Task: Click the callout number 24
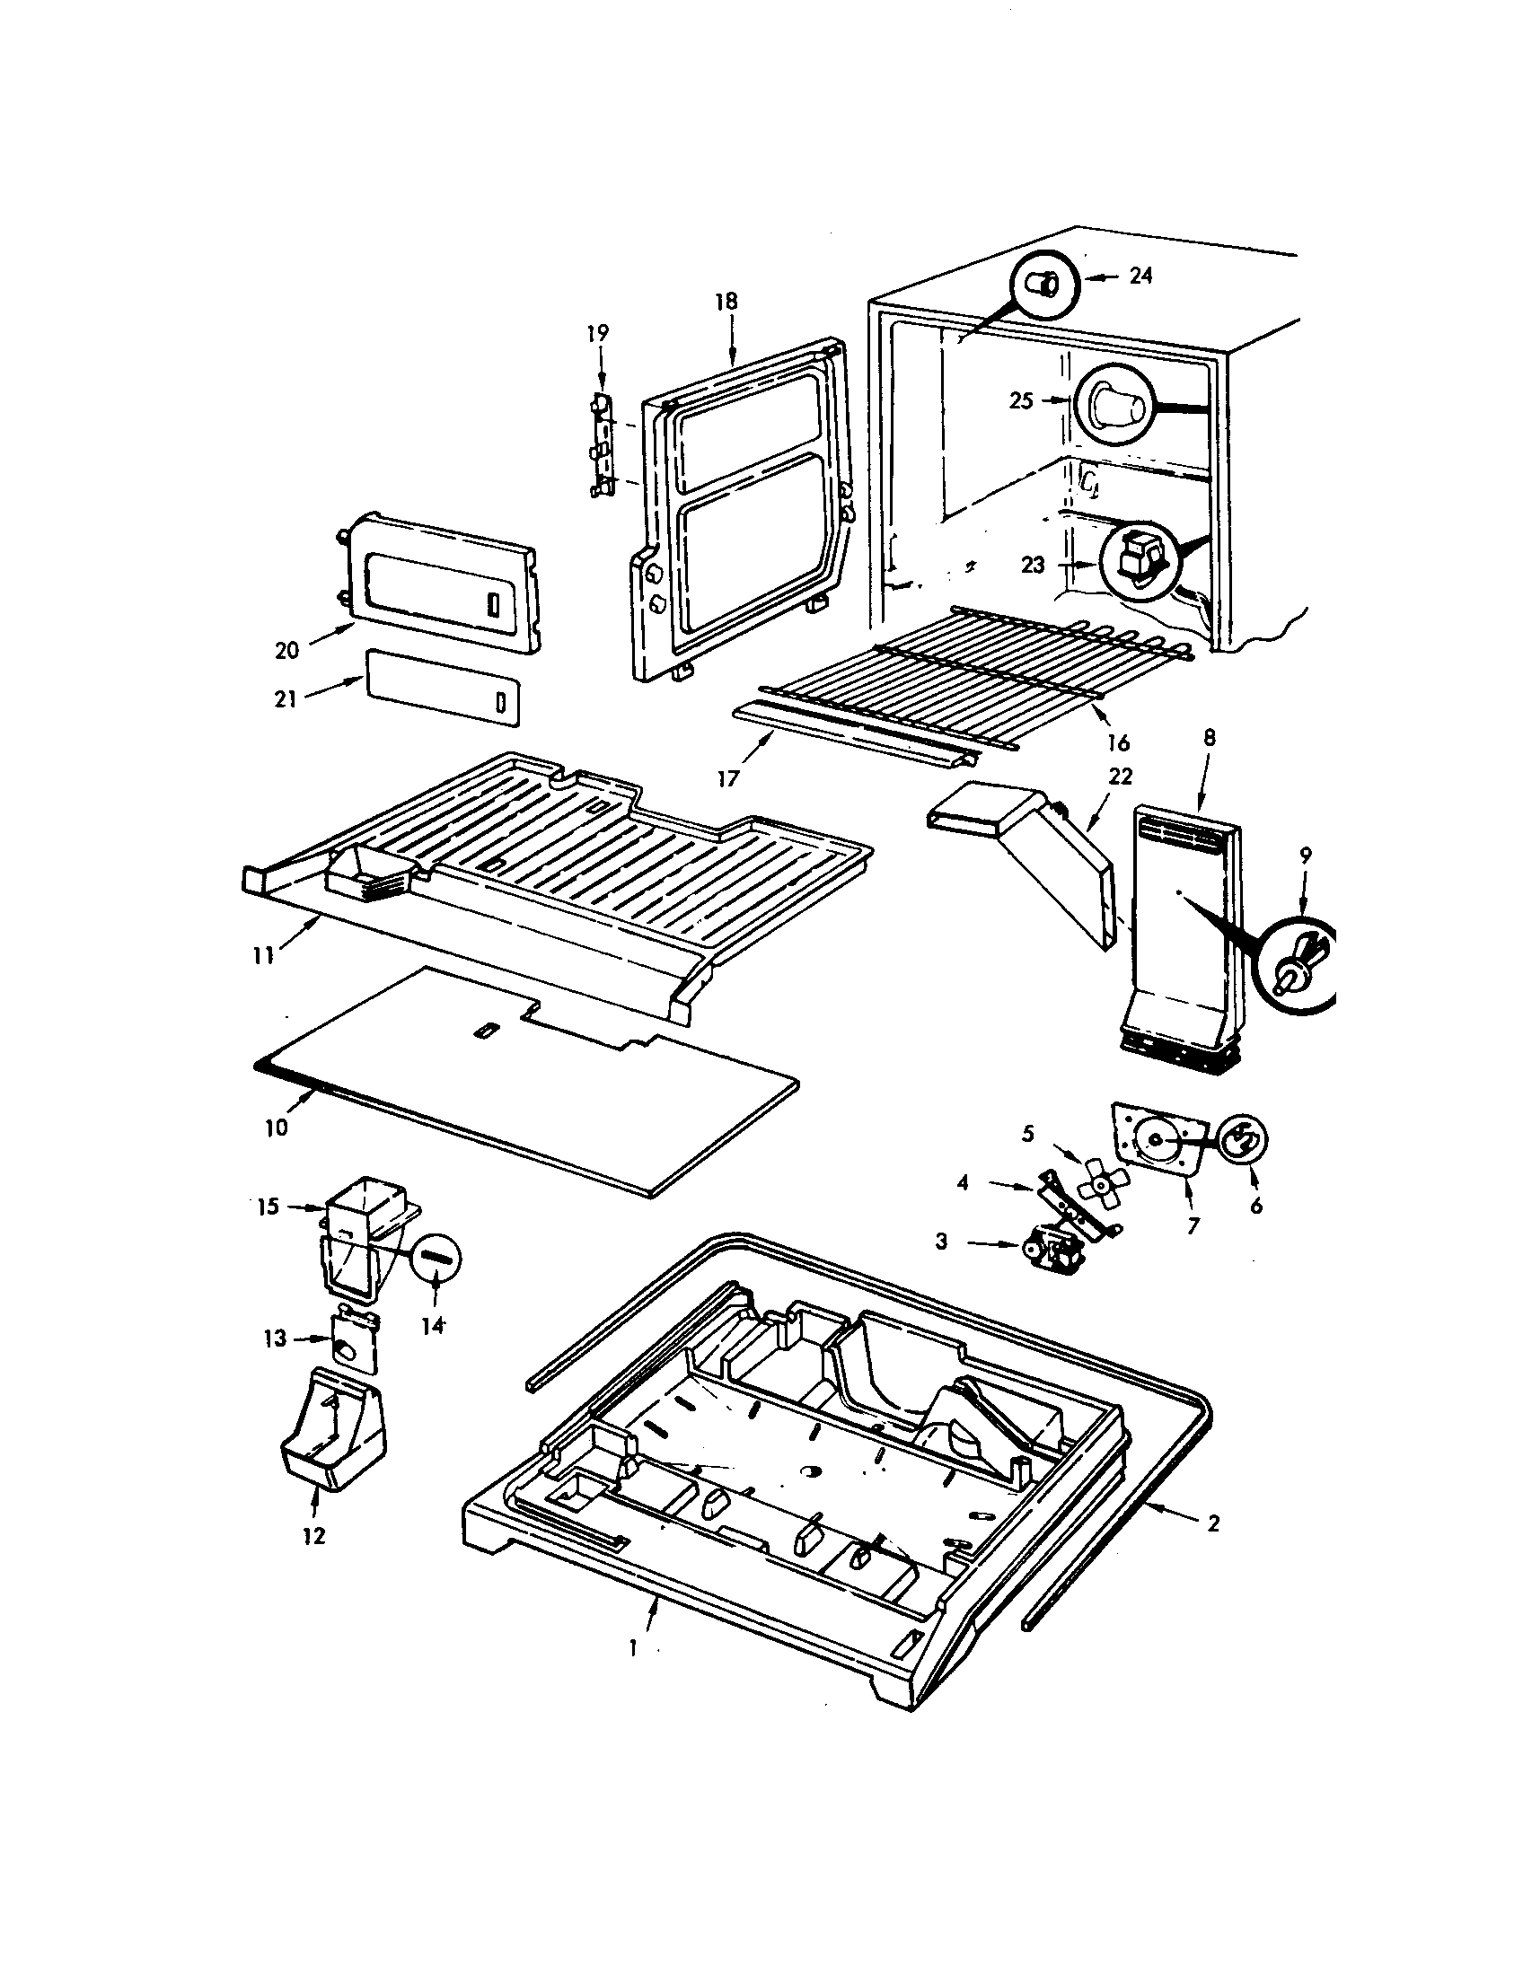[1140, 276]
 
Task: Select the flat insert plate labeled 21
[443, 686]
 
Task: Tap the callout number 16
[1119, 742]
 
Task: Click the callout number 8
[1210, 738]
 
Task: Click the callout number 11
[264, 955]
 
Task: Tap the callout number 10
[277, 1128]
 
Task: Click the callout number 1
[633, 1648]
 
